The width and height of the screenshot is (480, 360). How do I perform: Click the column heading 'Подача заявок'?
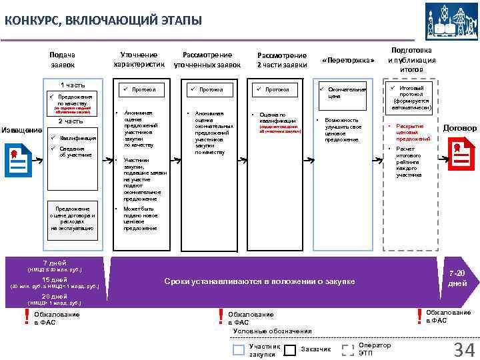pyautogui.click(x=63, y=59)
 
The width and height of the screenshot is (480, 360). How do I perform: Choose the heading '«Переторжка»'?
pyautogui.click(x=348, y=61)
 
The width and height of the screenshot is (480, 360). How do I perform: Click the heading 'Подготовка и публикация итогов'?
pyautogui.click(x=411, y=59)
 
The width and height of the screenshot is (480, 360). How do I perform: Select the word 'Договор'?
pyautogui.click(x=459, y=127)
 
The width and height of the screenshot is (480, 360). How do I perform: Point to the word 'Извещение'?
pyautogui.click(x=22, y=129)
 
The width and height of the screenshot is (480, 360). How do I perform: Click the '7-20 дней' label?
pyautogui.click(x=457, y=279)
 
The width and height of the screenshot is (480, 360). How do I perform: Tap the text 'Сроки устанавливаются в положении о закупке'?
pyautogui.click(x=259, y=282)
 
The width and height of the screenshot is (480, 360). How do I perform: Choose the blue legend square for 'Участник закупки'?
pyautogui.click(x=239, y=349)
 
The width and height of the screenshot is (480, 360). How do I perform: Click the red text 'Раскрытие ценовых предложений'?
pyautogui.click(x=409, y=132)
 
